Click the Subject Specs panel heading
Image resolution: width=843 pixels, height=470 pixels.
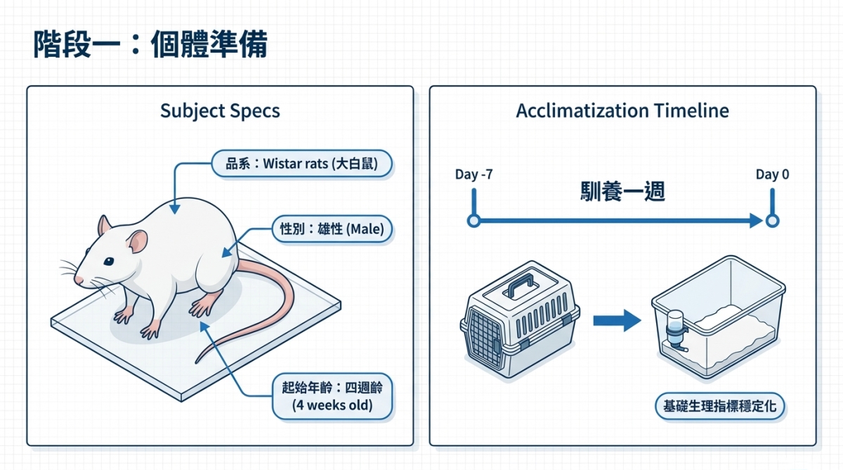coord(220,111)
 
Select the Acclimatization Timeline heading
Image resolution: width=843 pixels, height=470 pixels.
coord(622,111)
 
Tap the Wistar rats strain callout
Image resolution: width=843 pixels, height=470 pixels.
coord(302,164)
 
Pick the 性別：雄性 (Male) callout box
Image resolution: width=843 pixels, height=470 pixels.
coord(332,229)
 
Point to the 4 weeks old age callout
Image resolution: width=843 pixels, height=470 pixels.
coord(332,397)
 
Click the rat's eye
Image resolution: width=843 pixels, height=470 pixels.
coord(109,261)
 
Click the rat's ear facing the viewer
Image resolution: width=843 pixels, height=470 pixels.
coord(138,243)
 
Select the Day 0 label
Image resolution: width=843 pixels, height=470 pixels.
coord(772,174)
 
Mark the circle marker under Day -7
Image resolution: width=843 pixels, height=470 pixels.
coord(473,221)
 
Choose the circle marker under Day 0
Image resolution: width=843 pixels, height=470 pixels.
coord(772,221)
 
